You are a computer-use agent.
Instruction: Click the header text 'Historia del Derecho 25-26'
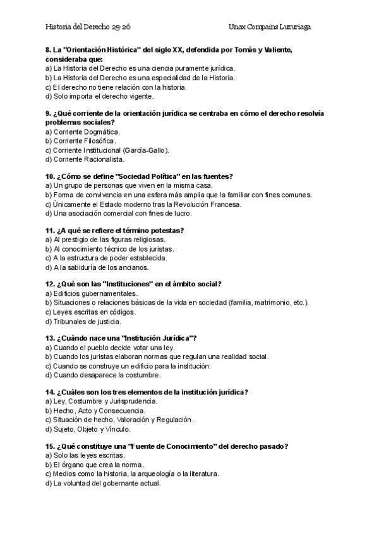88,27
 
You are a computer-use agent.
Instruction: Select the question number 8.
49,49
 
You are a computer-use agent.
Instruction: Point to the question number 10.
50,176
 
